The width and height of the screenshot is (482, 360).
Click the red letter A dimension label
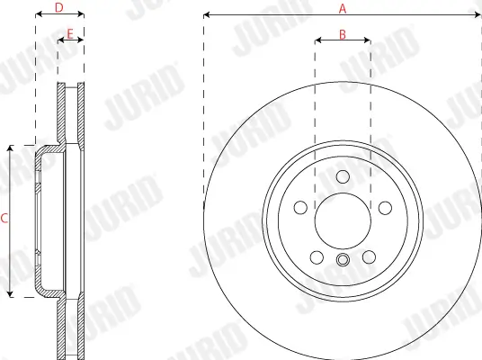point(342,8)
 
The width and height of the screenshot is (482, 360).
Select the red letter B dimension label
point(343,34)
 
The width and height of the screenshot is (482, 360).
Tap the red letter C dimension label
point(5,219)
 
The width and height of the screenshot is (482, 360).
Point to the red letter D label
point(59,8)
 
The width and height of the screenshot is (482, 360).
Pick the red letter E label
point(70,34)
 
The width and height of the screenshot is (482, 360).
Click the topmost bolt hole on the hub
point(342,176)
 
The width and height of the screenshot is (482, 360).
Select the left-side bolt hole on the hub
point(299,208)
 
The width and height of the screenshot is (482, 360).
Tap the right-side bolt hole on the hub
point(385,208)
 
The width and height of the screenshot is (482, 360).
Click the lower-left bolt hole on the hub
point(316,258)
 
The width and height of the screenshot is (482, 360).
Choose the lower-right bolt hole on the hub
point(369,258)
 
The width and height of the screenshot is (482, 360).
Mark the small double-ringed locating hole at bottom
point(342,261)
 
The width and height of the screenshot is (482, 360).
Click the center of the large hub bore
point(342,221)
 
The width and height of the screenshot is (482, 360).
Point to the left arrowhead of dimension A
point(207,15)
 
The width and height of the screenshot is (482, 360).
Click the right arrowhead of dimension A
point(478,15)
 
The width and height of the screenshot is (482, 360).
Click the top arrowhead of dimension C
point(10,147)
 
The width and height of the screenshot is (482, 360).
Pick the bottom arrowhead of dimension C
point(10,294)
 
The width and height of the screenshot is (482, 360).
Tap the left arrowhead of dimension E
point(60,40)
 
